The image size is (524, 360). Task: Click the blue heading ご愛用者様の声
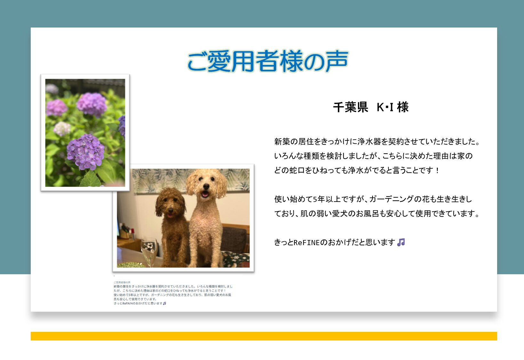point(268,61)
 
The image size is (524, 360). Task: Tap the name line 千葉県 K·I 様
point(371,107)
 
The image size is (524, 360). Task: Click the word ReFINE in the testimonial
point(306,243)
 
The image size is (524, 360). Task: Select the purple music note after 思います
point(401,242)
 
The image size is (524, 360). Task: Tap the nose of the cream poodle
point(206,187)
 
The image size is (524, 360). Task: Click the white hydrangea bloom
point(62,129)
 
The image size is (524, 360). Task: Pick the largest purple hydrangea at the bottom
point(85,152)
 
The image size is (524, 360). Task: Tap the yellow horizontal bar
point(264,336)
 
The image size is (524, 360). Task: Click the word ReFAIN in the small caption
point(127,303)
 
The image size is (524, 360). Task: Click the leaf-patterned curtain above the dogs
point(191,179)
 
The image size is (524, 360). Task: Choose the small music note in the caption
point(165,303)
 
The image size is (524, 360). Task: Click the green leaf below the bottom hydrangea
point(91,179)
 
